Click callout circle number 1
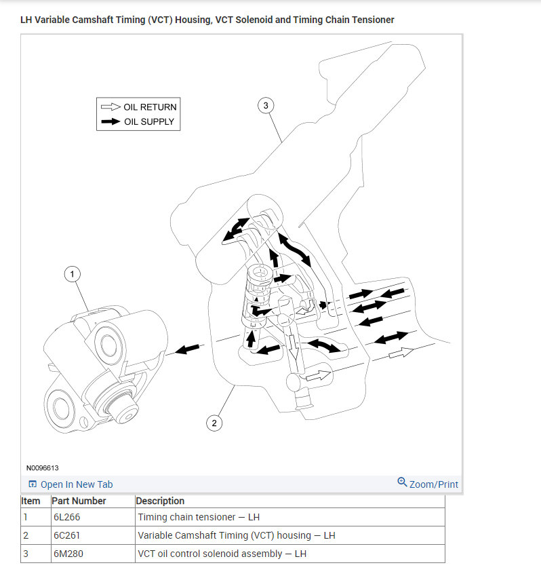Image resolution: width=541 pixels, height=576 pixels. (73, 274)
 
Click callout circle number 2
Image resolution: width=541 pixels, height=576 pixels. (214, 423)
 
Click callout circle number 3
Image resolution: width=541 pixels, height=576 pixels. (266, 105)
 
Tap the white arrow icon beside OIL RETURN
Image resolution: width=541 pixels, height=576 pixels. (111, 107)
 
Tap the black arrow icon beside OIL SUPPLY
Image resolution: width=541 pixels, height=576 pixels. (111, 122)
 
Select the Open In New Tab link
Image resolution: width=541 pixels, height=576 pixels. (77, 484)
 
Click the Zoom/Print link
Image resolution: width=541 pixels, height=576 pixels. (434, 484)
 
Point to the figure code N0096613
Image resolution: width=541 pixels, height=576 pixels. (43, 468)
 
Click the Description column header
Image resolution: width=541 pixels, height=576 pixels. (160, 501)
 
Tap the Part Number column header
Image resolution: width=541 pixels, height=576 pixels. (79, 501)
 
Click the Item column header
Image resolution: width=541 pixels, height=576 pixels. (31, 501)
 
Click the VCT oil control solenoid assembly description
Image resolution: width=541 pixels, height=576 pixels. (222, 554)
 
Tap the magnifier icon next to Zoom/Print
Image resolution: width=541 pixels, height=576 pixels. (402, 482)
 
